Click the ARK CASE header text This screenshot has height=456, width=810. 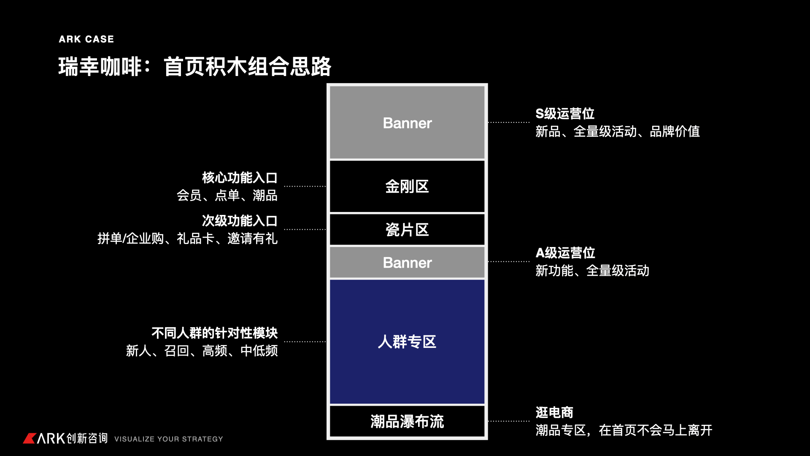[x=86, y=39]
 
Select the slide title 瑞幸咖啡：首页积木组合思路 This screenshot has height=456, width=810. [x=194, y=67]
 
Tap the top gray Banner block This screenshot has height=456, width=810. [x=407, y=123]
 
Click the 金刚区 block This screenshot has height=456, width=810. [x=407, y=186]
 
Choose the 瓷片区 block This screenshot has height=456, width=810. [x=407, y=230]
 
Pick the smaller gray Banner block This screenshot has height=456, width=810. [x=407, y=263]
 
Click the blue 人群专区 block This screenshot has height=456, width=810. [x=407, y=342]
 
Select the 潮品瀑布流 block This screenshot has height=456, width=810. [x=407, y=421]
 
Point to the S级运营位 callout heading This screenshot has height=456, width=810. [x=565, y=114]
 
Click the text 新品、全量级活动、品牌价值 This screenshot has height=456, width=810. [x=618, y=132]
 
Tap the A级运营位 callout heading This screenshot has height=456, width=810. [x=565, y=253]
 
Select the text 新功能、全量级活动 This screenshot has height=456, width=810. [x=592, y=271]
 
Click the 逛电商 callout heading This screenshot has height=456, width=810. [x=554, y=412]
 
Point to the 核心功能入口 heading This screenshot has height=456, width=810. [x=240, y=178]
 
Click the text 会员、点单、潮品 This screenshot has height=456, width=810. [x=227, y=195]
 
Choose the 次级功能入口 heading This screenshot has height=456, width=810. [x=240, y=221]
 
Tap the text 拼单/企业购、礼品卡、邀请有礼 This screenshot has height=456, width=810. [x=187, y=239]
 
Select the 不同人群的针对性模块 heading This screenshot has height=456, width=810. [x=214, y=333]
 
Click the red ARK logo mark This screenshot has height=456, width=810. [x=29, y=438]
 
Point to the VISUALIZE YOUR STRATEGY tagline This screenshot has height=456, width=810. [x=168, y=439]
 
